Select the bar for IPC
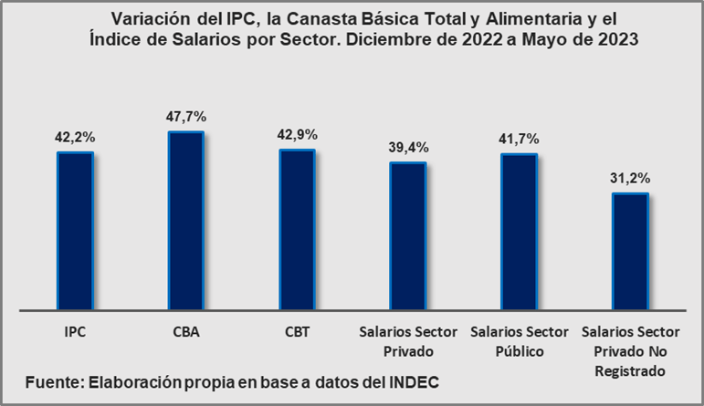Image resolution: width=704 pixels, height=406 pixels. coord(75,230)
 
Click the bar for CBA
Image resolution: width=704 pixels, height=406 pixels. coord(186,220)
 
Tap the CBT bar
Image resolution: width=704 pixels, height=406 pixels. coord(297,229)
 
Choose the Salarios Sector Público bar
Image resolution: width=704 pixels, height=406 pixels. coord(519,231)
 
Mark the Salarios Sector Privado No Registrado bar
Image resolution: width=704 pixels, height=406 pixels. coord(630,251)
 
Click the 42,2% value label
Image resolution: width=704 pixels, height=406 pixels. coord(76,137)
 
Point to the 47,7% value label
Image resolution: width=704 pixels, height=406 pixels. coord(186,116)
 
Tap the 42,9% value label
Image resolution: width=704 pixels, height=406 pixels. coord(297,134)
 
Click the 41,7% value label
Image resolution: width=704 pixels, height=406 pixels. coord(519,139)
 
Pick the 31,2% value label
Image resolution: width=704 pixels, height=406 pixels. coord(630,178)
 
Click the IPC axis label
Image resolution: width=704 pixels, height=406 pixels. coord(76,332)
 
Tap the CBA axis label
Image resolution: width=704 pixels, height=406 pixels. coord(186,332)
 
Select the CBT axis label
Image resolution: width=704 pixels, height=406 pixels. coord(297,332)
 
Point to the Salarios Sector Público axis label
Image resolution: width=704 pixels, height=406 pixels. coord(519,341)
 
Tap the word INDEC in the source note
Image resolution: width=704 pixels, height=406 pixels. coord(416,381)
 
